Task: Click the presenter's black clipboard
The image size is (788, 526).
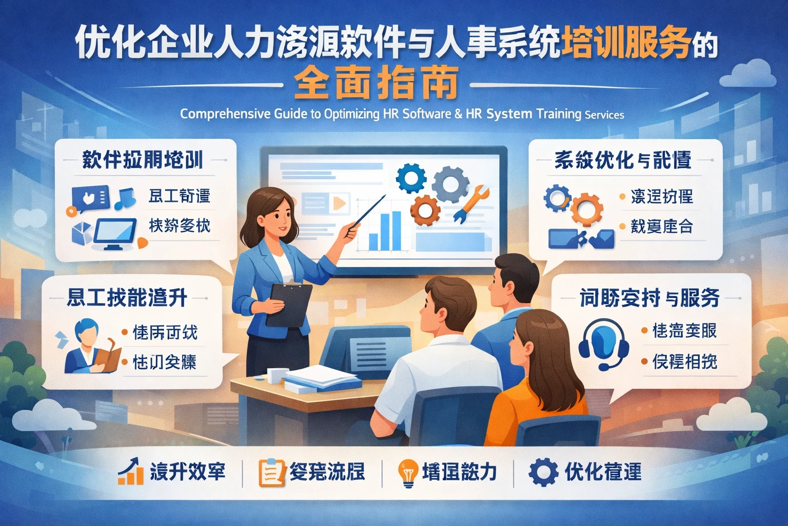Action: [x=289, y=304]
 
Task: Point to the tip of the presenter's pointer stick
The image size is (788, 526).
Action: [x=384, y=196]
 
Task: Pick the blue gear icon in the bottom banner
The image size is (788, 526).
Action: [x=543, y=472]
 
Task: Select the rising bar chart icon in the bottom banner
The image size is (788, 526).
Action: [x=130, y=472]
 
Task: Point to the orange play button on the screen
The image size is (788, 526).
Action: [x=339, y=203]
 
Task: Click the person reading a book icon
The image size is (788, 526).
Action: [x=90, y=347]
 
